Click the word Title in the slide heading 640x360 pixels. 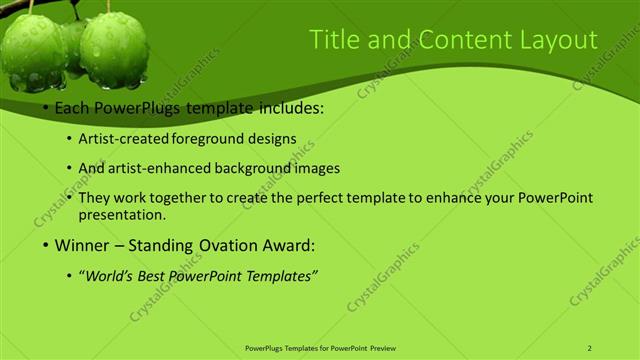coord(332,40)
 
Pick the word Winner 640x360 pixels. coord(82,244)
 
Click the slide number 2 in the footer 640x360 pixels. coord(590,347)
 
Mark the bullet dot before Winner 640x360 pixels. coord(45,245)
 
